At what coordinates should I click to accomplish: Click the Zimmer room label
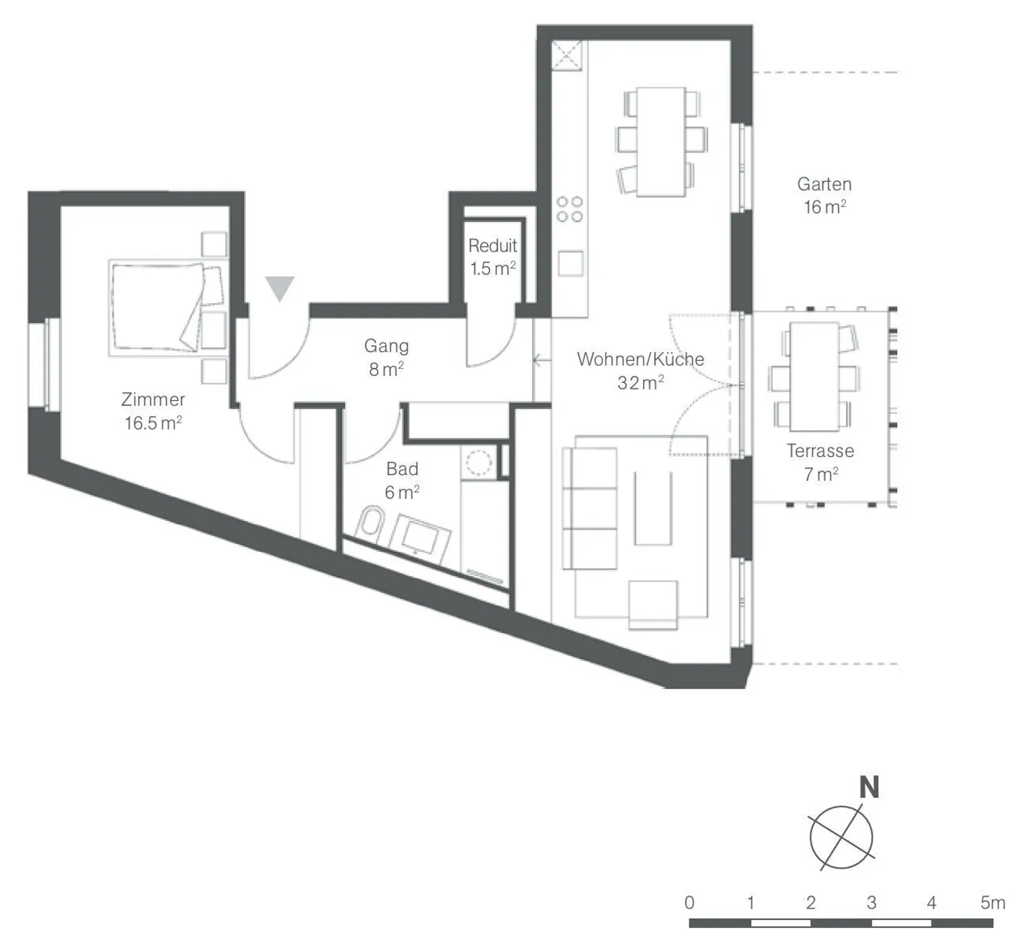coord(152,400)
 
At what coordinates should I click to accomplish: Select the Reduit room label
coord(492,246)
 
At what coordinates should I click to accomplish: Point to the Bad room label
coord(402,469)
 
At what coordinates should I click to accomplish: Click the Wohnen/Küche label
coord(640,359)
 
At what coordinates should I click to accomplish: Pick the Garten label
coord(824,184)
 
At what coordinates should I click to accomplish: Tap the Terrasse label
coord(820,451)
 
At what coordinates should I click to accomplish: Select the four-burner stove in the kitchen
coord(570,209)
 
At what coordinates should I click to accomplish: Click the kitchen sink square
coord(571,263)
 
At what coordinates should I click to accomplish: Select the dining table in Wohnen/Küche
coord(661,142)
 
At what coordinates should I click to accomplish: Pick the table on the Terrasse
coord(814,377)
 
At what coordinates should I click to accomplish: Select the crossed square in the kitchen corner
coord(566,55)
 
